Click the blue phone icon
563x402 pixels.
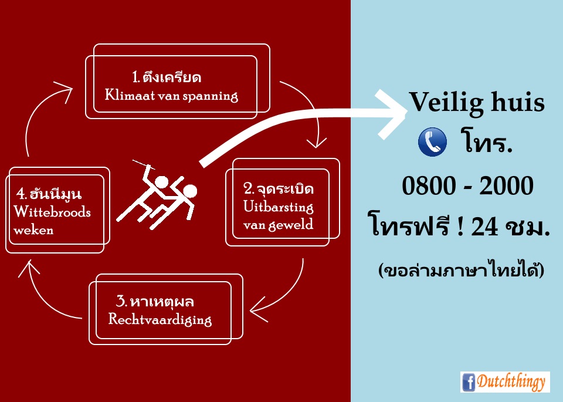coord(433,142)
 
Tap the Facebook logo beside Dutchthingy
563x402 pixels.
coord(469,382)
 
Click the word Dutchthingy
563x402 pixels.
coord(511,382)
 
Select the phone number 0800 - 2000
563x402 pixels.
coord(467,185)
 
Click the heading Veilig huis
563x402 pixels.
coord(477,102)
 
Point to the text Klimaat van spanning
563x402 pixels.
coord(171,96)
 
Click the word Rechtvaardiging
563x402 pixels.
coord(160,319)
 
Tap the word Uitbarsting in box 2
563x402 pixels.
coord(278,207)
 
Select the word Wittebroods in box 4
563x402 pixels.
coord(52,212)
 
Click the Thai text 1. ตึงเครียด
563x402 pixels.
coord(167,77)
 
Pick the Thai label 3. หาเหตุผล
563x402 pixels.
coord(155,301)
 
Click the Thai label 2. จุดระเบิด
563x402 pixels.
coord(279,188)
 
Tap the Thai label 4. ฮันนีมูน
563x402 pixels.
coord(49,194)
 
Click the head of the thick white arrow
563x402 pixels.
coord(391,114)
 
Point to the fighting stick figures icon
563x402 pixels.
coord(156,194)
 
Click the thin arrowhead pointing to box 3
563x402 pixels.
coord(258,309)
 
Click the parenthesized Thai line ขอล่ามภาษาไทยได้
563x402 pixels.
coord(461,269)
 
